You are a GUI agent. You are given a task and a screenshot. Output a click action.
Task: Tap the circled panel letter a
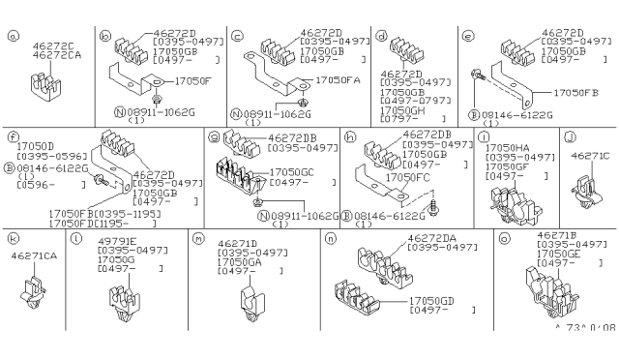pyautogui.click(x=13, y=38)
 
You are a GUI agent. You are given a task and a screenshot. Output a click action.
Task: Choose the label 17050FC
pyautogui.click(x=407, y=176)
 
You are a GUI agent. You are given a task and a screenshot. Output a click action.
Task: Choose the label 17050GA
pyautogui.click(x=241, y=261)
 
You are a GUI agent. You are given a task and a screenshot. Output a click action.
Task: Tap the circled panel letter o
pyautogui.click(x=504, y=237)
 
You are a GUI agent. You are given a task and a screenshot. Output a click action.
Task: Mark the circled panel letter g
pyautogui.click(x=213, y=136)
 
